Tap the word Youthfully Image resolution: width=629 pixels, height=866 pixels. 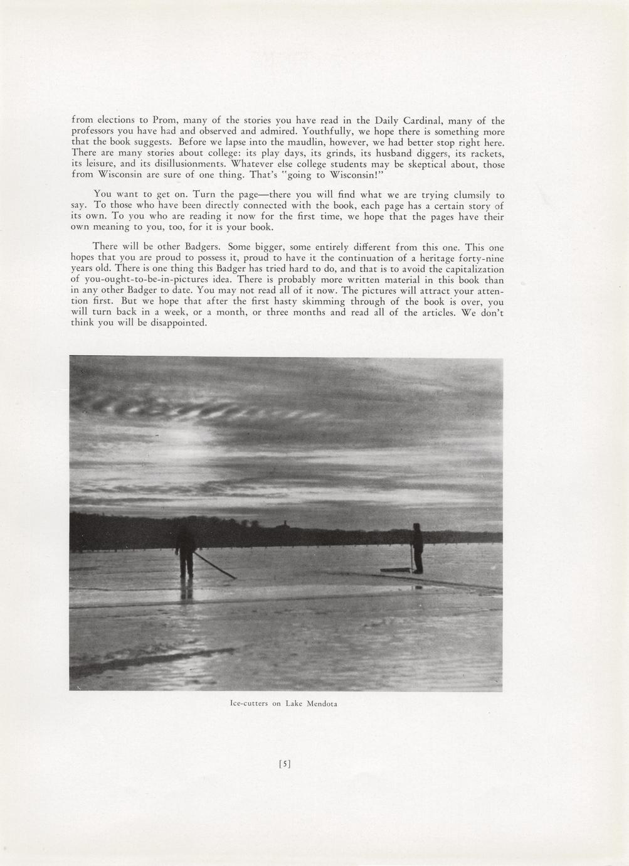[324, 132]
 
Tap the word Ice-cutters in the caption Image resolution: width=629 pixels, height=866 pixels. [250, 704]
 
